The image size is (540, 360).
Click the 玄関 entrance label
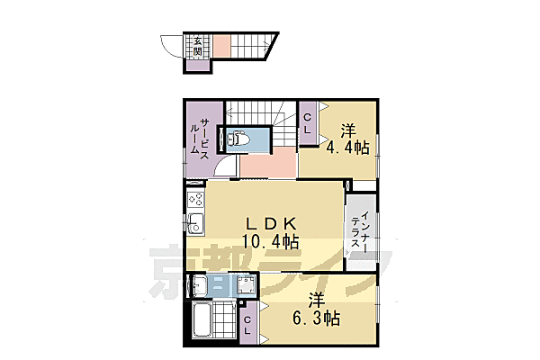[197, 47]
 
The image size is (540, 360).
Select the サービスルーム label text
[200, 138]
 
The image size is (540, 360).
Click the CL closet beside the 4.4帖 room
[308, 123]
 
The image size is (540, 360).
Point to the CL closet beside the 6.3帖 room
[248, 323]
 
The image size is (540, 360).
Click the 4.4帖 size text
[347, 148]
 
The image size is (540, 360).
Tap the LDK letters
[271, 224]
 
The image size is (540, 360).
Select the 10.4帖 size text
[270, 241]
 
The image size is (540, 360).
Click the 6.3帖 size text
[317, 319]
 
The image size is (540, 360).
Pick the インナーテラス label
[360, 229]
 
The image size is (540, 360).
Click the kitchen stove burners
[195, 200]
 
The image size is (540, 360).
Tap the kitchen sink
[195, 224]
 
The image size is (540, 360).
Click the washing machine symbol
[247, 285]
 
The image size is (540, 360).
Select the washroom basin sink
[198, 285]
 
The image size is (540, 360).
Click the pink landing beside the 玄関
[221, 46]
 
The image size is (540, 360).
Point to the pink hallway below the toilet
[268, 163]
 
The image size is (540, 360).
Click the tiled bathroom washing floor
[224, 320]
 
